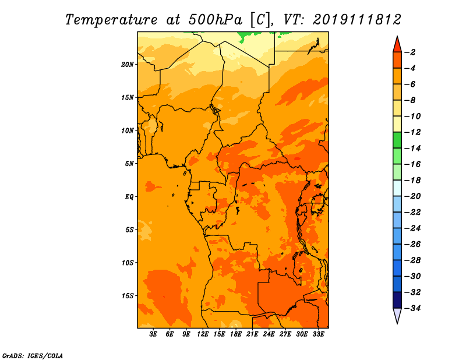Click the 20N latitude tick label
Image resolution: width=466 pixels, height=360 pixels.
(x=127, y=65)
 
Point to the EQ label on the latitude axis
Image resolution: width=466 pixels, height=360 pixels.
(x=129, y=197)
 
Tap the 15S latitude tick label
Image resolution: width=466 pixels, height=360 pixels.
(x=127, y=296)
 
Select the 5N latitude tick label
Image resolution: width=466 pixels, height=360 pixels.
(x=129, y=164)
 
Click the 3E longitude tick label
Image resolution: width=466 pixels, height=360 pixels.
(x=153, y=334)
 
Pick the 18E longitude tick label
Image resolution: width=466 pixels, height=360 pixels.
(x=236, y=334)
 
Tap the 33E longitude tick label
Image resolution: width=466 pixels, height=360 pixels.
(x=318, y=334)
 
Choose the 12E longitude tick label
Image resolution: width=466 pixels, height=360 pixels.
(x=203, y=334)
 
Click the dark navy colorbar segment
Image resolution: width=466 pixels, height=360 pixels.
(x=397, y=299)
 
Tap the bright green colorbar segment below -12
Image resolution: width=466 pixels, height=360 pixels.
(x=397, y=140)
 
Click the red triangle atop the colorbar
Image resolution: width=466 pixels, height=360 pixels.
(x=397, y=45)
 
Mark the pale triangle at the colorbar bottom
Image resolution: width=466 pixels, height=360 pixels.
(x=397, y=316)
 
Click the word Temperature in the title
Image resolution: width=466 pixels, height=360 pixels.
(x=111, y=20)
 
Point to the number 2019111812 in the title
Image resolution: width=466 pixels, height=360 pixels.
(x=357, y=20)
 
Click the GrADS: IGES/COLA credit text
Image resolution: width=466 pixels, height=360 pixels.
(x=33, y=355)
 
